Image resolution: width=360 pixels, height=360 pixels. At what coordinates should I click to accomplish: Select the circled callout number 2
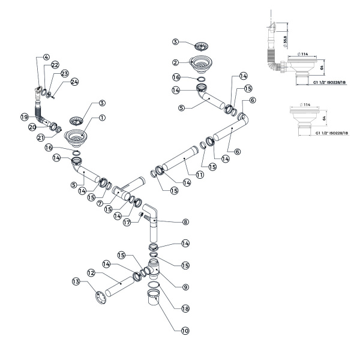[x=175, y=62]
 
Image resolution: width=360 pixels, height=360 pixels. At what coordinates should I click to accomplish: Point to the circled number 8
[x=185, y=222]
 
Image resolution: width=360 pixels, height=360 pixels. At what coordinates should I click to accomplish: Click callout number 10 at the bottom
[x=185, y=330]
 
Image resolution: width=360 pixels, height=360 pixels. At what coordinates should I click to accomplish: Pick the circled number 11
[x=199, y=175]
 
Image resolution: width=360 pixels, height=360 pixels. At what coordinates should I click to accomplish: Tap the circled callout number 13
[x=76, y=281]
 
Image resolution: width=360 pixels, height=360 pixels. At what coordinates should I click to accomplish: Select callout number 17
[x=126, y=222]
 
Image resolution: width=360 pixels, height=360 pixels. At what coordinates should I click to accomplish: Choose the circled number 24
[x=74, y=82]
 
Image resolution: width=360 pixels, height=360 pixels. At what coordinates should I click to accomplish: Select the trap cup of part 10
[x=154, y=298]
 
